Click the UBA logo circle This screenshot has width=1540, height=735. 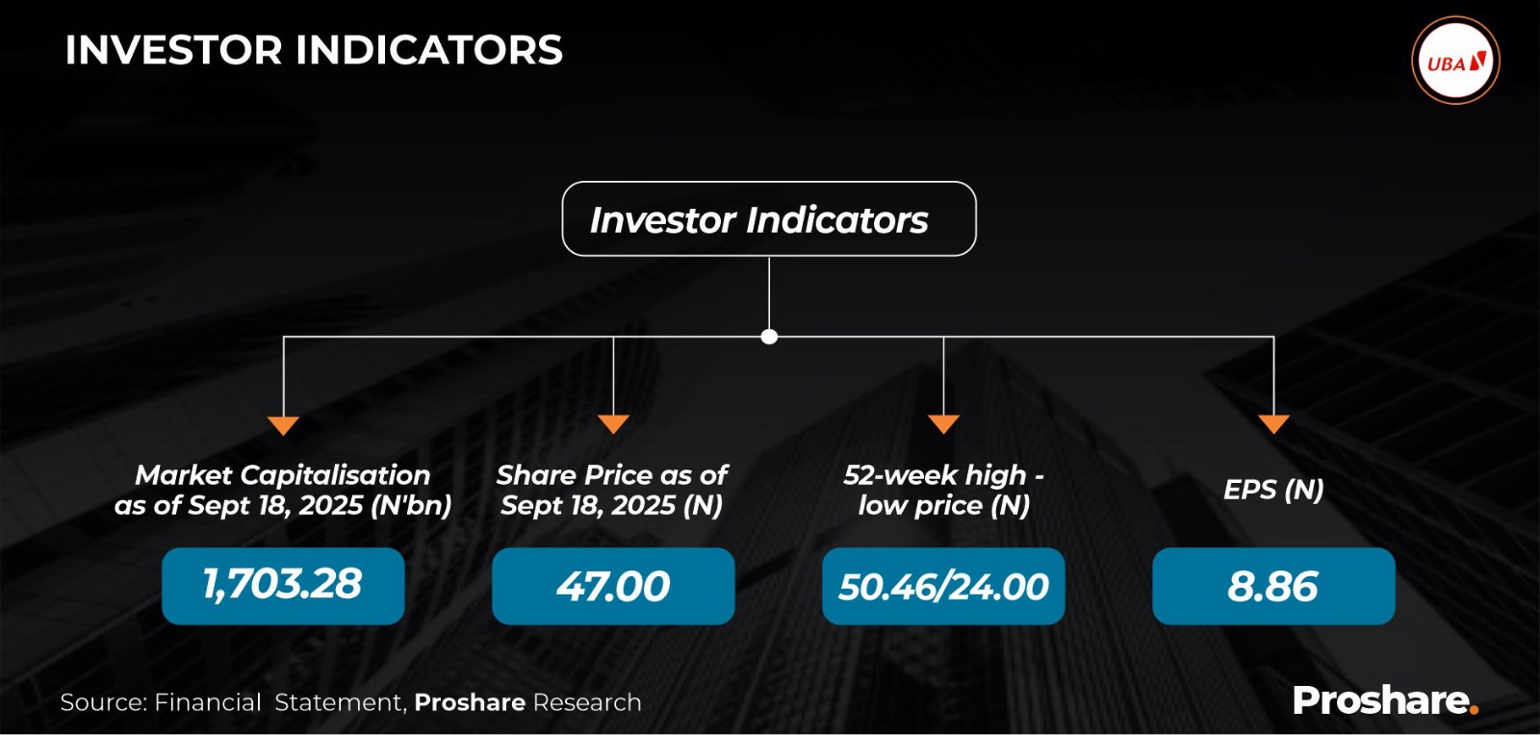coord(1455,61)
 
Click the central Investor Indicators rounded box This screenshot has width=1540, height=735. coord(769,218)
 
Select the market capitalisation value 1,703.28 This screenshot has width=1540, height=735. coord(283,585)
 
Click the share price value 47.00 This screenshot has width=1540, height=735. coord(613,586)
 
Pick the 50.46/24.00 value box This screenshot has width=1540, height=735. coord(943,586)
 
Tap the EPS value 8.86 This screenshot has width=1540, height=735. coord(1274,586)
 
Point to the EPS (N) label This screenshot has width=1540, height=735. coord(1274,490)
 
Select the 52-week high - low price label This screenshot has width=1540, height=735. coord(943,491)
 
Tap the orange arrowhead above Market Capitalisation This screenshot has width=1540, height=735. coord(283,425)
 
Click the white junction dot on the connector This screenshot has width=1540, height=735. coord(769,337)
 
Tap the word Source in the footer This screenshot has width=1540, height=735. coord(103,702)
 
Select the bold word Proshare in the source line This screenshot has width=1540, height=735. coord(470,702)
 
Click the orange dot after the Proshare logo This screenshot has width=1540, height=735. coord(1473,710)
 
